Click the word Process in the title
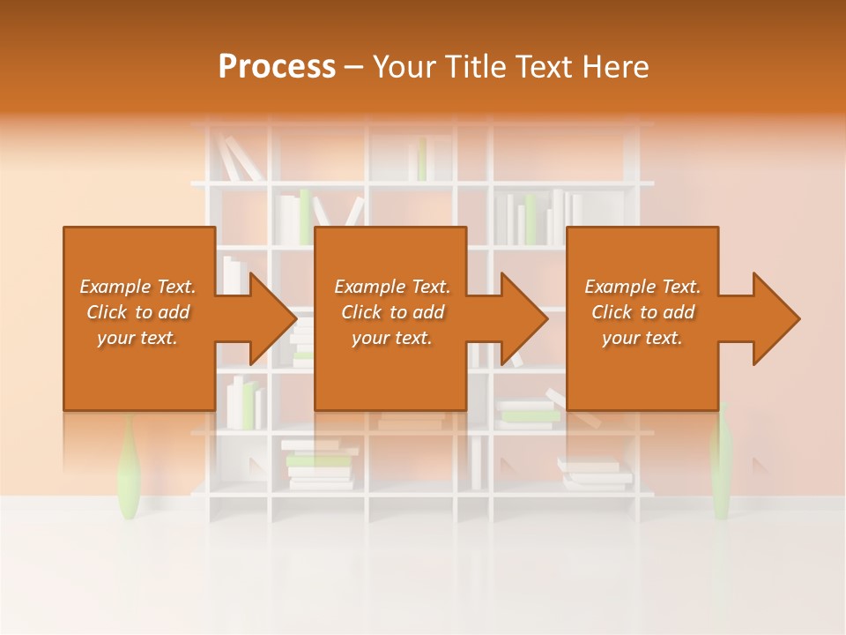[x=277, y=67]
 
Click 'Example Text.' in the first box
[x=137, y=287]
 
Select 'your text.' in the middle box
[x=391, y=338]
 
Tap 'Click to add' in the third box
[x=642, y=312]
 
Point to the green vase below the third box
[x=722, y=463]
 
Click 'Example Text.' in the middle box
[x=391, y=287]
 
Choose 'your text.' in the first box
[x=137, y=338]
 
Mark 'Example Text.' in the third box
[x=642, y=287]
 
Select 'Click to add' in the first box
[x=137, y=312]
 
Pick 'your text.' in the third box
[x=642, y=338]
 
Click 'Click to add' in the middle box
[x=391, y=312]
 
